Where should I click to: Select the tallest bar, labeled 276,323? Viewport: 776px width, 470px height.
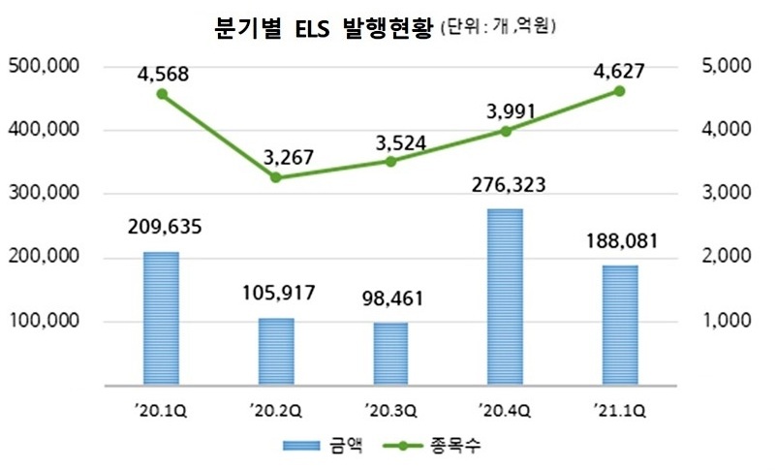(505, 297)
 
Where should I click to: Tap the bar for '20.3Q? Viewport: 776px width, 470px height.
(390, 354)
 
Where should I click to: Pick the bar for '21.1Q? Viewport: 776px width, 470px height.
(620, 325)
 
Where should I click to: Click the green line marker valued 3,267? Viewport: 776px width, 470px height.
(276, 177)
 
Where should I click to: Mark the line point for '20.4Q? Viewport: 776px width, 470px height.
(505, 131)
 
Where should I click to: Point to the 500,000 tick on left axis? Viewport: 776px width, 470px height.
(42, 67)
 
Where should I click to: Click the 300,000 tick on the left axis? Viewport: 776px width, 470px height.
(42, 194)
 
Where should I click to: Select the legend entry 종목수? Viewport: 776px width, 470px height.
(455, 445)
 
